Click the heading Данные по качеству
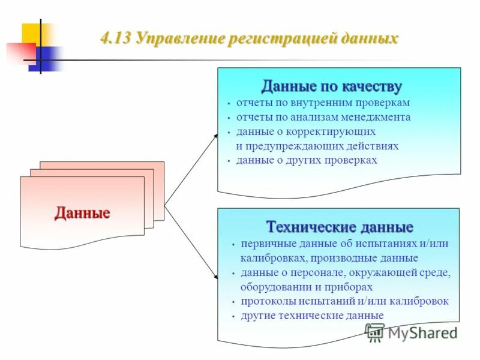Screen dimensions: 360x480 331,86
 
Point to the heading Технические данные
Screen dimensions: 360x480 340,227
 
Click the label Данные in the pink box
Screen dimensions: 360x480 82,213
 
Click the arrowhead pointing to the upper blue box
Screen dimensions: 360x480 215,137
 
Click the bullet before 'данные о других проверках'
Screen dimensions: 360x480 229,161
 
